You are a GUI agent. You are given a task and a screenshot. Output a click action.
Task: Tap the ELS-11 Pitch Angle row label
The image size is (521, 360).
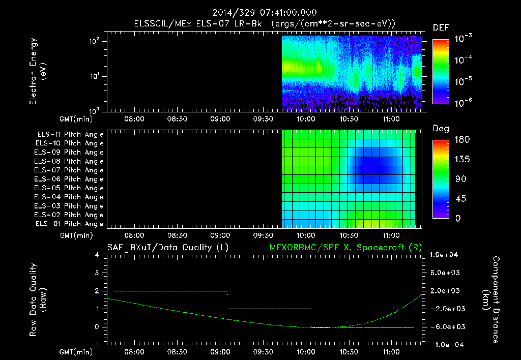[x=70, y=135]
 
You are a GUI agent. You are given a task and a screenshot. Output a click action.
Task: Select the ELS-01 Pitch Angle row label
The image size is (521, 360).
[x=70, y=224]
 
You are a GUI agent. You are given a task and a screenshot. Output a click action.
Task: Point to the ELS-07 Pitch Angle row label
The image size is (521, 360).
[x=70, y=170]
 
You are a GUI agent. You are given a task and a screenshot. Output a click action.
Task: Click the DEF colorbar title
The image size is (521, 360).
[x=441, y=28]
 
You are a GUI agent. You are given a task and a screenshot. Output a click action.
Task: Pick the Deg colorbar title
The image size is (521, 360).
[x=441, y=129]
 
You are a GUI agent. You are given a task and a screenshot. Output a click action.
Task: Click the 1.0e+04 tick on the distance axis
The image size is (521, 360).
[x=446, y=255]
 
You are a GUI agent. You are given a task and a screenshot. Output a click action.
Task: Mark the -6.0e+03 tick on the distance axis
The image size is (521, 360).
[x=446, y=327]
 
